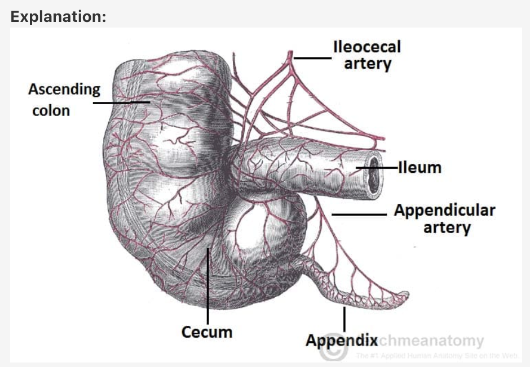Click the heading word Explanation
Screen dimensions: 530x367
click(x=58, y=16)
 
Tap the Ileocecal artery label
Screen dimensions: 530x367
click(x=367, y=55)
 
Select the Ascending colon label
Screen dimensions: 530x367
click(x=64, y=99)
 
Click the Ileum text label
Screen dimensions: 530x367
click(x=419, y=168)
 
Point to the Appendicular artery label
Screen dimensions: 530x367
click(x=444, y=218)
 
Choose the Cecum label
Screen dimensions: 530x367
click(x=206, y=332)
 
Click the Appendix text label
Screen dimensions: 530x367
click(x=341, y=340)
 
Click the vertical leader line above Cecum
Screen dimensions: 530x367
click(x=207, y=287)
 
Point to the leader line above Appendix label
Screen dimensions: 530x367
click(x=344, y=318)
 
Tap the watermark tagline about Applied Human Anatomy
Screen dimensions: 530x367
click(x=436, y=355)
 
